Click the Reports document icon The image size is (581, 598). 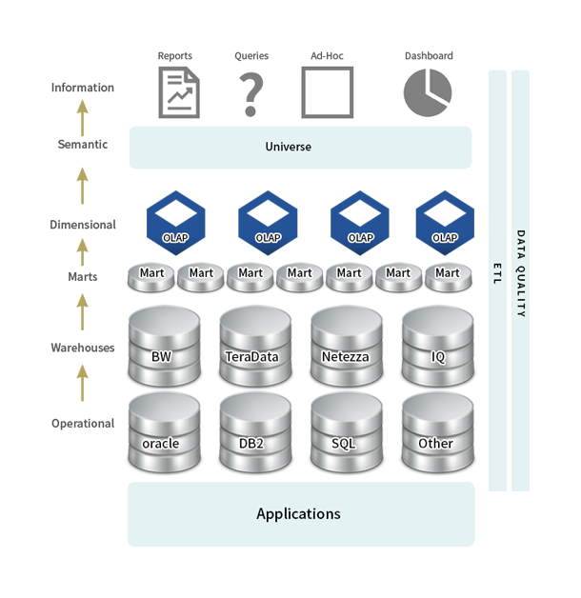(x=179, y=92)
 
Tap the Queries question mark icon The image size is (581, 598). (x=250, y=94)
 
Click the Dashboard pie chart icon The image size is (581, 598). (x=428, y=92)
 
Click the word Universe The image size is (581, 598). (x=288, y=147)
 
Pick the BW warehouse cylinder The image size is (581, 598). (x=164, y=346)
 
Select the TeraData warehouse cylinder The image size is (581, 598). (x=255, y=346)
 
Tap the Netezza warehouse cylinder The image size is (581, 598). (x=347, y=346)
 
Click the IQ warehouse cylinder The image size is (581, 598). (x=438, y=346)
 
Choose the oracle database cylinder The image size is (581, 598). (x=164, y=432)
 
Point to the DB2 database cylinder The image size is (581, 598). (x=255, y=432)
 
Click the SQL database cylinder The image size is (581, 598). (x=347, y=432)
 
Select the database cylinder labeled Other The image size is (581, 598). (x=438, y=432)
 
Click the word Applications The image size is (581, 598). (x=298, y=514)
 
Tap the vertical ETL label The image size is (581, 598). (x=497, y=273)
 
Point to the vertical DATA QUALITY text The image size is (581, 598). (x=520, y=273)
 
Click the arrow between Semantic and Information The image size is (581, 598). (x=83, y=118)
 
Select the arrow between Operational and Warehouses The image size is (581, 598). (x=83, y=383)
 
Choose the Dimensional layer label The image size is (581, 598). (x=83, y=225)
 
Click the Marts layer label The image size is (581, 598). (x=83, y=276)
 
